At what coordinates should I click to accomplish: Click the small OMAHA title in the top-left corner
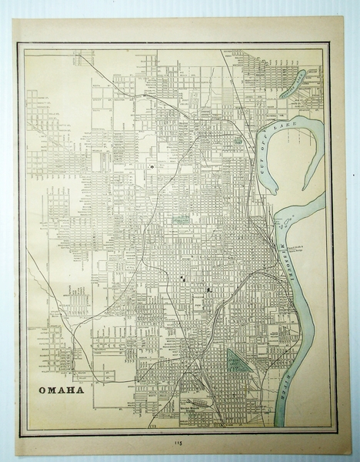70,55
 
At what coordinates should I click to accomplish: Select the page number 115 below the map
179,444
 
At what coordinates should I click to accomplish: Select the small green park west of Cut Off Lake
239,140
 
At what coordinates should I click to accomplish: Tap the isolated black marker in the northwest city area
152,166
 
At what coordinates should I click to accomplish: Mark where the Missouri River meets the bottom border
280,427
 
